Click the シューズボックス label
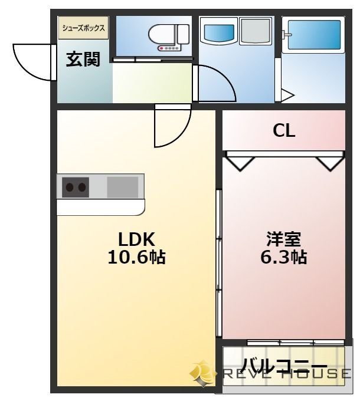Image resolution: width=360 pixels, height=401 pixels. coord(83,28)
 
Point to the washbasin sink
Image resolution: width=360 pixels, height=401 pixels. coord(219,30)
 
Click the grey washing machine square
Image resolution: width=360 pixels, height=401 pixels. coord(254,30)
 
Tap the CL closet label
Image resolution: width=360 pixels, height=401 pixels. coord(284,131)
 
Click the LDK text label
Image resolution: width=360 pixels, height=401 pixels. coord(136,239)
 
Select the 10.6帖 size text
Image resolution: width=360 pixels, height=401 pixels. coord(136,258)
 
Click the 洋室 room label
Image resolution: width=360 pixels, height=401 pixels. coord(284,239)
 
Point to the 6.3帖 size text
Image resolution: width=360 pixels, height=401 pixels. coord(284,258)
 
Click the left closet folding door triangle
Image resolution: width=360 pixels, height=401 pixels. coord(241,162)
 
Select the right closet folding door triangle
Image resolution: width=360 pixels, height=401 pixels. coord(328,162)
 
